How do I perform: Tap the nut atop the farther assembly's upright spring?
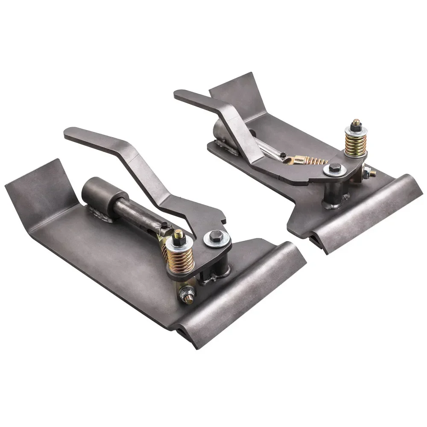click(x=356, y=124)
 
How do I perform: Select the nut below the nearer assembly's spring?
click(x=187, y=293)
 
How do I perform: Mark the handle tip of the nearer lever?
click(x=70, y=133)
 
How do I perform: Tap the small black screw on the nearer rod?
click(x=164, y=225)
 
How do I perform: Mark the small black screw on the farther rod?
click(x=282, y=154)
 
